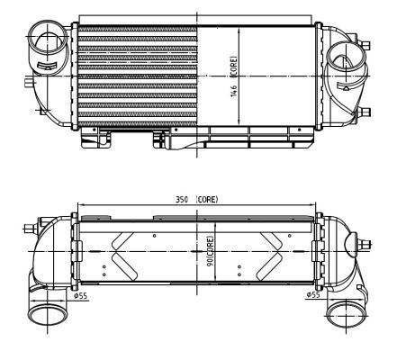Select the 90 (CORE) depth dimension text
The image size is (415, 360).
pyautogui.click(x=209, y=251)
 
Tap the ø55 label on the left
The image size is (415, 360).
pyautogui.click(x=79, y=294)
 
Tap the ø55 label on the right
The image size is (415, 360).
pyautogui.click(x=312, y=294)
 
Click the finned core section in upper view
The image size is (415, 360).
pyautogui.click(x=135, y=76)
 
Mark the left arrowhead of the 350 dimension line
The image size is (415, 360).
pyautogui.click(x=80, y=204)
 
